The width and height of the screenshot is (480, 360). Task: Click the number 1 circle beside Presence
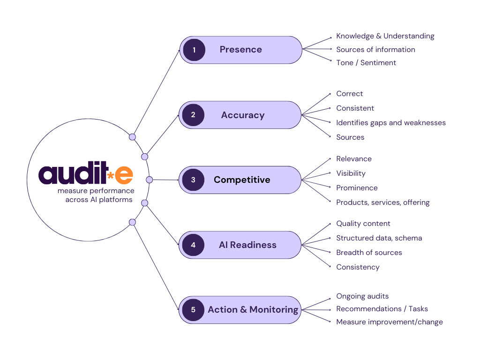point(194,50)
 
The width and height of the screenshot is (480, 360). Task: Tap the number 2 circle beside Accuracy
point(193,115)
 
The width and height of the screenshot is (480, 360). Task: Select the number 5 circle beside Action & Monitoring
point(193,309)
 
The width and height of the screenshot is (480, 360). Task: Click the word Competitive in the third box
point(242,180)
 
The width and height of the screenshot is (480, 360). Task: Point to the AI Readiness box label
point(247,245)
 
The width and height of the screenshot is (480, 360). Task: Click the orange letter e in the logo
point(124,174)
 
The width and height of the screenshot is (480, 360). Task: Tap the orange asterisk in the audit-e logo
point(111,176)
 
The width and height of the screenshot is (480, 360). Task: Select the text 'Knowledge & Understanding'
point(385,36)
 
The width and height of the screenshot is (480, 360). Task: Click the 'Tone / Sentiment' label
point(366,63)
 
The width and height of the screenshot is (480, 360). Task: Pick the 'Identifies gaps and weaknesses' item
point(390,123)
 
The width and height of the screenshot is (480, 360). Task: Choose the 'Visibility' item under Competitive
point(351,173)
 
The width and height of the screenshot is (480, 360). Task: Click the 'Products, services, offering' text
point(382,202)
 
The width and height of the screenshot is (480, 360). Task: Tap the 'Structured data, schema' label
point(379,238)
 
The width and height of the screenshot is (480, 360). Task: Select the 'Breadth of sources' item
point(369,253)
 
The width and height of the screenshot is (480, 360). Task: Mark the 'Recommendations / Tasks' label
point(382,309)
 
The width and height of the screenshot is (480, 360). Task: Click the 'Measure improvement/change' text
point(389,322)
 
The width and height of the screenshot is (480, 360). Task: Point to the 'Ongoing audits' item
point(362,296)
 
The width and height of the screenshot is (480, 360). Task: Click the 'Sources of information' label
point(375,50)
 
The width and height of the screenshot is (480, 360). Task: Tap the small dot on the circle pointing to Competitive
point(150,180)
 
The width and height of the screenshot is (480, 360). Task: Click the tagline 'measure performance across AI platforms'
point(96,195)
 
